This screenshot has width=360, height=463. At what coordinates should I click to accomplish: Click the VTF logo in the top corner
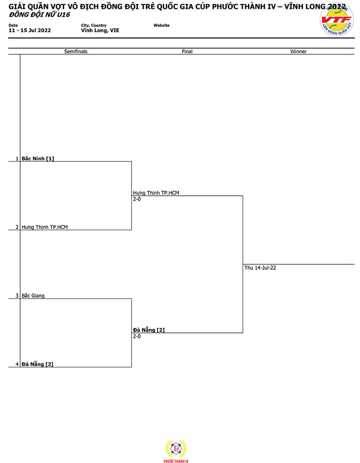pyautogui.click(x=337, y=20)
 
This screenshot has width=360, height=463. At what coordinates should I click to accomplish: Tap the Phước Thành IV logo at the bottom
pyautogui.click(x=176, y=451)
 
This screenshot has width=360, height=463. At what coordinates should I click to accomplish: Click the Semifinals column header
pyautogui.click(x=76, y=51)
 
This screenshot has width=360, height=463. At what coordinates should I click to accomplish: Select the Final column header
pyautogui.click(x=187, y=51)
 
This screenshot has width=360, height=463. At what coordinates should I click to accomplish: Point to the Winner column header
pyautogui.click(x=298, y=51)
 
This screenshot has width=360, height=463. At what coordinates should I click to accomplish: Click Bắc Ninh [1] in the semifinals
pyautogui.click(x=38, y=159)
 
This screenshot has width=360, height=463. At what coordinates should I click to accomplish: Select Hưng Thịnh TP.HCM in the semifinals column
pyautogui.click(x=44, y=227)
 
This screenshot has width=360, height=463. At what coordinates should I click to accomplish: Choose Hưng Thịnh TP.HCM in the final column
pyautogui.click(x=156, y=193)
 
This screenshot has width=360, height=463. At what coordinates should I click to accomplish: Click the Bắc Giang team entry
pyautogui.click(x=33, y=295)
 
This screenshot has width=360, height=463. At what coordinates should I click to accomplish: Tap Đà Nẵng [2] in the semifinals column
pyautogui.click(x=37, y=364)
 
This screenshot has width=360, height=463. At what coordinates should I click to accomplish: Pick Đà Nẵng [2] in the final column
pyautogui.click(x=148, y=330)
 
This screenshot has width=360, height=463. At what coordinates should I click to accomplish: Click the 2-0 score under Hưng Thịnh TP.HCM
pyautogui.click(x=137, y=199)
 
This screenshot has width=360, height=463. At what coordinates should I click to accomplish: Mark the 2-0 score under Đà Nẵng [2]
pyautogui.click(x=137, y=336)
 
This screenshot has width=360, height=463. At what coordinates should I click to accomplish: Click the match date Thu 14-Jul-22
pyautogui.click(x=260, y=268)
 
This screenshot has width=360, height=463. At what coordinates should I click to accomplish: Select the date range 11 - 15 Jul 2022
pyautogui.click(x=30, y=31)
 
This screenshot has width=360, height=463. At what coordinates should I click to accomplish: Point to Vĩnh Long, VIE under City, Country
pyautogui.click(x=100, y=31)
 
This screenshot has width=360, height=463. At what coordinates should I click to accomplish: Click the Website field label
pyautogui.click(x=162, y=26)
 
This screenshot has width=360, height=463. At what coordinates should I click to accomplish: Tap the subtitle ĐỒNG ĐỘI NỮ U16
pyautogui.click(x=39, y=14)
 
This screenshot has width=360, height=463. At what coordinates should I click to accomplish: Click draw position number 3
pyautogui.click(x=17, y=295)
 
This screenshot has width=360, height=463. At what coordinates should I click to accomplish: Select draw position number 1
pyautogui.click(x=17, y=159)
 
